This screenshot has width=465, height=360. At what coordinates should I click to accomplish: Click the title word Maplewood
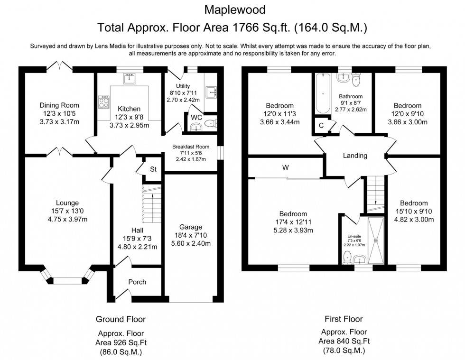232,9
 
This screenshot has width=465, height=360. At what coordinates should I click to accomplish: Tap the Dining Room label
59,105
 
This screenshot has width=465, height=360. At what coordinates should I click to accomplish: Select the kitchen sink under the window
129,78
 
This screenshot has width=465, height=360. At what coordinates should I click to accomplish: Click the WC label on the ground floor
196,117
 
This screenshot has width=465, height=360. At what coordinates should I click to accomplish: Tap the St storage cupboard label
153,169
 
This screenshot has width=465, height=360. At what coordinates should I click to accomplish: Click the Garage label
191,227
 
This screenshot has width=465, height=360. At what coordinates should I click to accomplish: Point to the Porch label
137,282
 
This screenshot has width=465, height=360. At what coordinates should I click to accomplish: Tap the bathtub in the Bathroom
322,92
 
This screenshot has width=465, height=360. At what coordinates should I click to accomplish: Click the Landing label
355,156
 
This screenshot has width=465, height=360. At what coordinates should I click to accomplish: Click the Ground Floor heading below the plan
121,319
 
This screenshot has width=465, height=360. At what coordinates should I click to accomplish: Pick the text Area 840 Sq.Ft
344,341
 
